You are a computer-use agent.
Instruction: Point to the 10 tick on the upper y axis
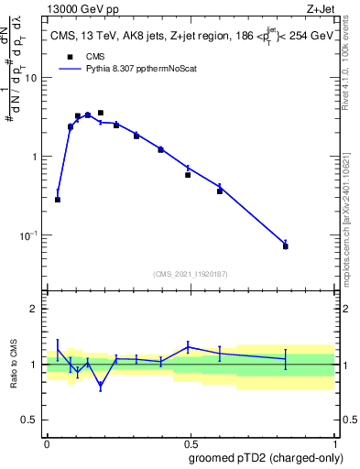(34, 78)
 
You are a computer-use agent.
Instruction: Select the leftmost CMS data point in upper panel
(58, 200)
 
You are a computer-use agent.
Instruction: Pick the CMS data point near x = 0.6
(220, 191)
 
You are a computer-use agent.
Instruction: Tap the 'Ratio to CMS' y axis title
(13, 365)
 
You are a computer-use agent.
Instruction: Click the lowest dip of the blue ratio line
(101, 387)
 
